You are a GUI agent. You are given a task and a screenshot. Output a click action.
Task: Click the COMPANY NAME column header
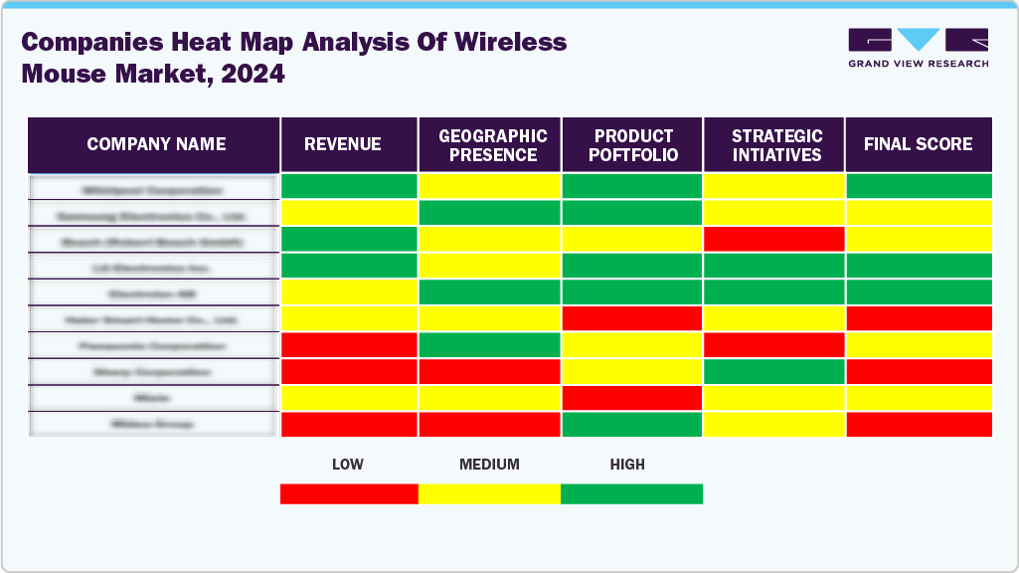(156, 144)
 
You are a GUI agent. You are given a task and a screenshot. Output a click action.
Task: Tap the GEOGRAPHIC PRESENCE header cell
(493, 145)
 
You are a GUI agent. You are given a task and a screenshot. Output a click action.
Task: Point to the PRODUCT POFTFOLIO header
(634, 145)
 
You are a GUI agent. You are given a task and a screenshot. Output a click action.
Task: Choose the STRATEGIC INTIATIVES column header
(776, 145)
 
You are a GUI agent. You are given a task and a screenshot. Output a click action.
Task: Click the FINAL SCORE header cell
(918, 144)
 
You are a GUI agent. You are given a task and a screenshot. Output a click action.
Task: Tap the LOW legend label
(347, 465)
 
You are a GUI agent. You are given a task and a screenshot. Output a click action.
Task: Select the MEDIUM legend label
(489, 465)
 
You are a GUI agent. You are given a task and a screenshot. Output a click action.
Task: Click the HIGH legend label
(627, 465)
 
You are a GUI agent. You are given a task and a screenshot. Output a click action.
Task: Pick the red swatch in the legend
(349, 493)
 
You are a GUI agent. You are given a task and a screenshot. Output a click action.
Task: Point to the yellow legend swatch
(489, 493)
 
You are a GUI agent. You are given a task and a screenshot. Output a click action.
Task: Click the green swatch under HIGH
(631, 493)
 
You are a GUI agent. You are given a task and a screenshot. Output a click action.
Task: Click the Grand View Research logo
(918, 48)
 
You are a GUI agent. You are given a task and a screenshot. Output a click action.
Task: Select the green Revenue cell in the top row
(349, 186)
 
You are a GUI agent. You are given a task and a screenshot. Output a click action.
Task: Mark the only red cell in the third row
(773, 239)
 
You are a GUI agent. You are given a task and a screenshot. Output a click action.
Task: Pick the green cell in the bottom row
(631, 424)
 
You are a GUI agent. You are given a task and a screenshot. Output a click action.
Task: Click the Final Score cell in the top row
(918, 186)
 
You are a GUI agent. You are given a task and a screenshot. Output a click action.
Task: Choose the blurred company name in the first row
(153, 189)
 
